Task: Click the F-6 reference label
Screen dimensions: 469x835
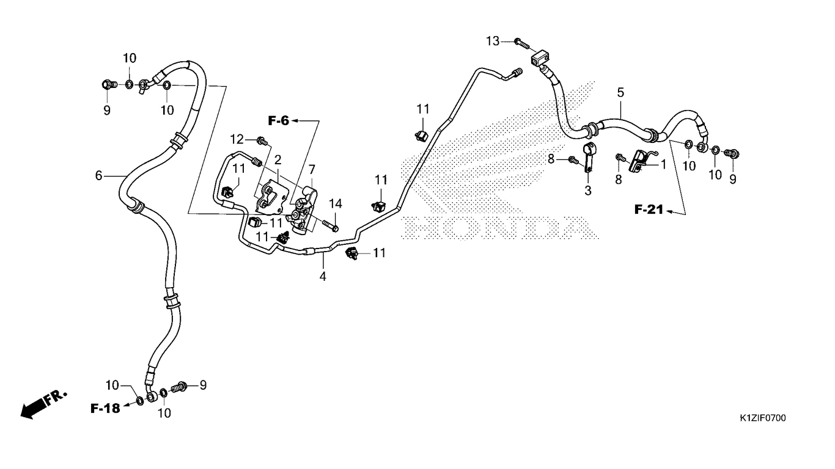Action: coord(278,121)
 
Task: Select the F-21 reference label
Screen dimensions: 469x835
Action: coord(649,211)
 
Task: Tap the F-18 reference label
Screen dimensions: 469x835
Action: coord(105,408)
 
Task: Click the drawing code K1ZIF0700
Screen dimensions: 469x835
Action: coord(762,418)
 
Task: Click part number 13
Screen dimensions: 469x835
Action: coord(493,41)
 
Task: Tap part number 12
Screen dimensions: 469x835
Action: coord(237,139)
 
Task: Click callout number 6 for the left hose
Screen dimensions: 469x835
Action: coord(98,176)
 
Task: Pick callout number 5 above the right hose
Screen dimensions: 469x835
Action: coord(620,93)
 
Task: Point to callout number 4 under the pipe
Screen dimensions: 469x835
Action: coord(322,277)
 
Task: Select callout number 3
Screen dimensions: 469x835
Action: coord(588,191)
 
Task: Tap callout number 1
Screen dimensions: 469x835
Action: coord(663,164)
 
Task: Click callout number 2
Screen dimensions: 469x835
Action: coord(278,160)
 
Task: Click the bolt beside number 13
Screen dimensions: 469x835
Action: coord(520,42)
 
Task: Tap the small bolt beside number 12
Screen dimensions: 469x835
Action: coord(262,141)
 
